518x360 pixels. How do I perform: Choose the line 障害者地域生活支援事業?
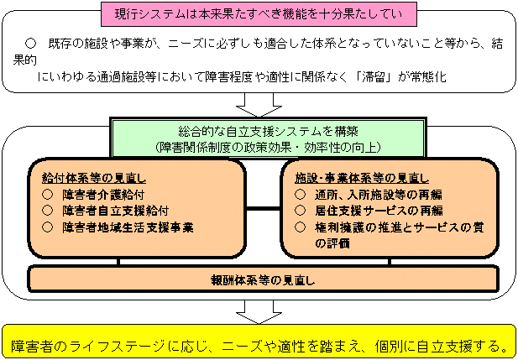tap(127, 227)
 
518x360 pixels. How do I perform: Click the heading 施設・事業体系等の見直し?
tap(362, 179)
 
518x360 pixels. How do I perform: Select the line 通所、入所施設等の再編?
tap(373, 195)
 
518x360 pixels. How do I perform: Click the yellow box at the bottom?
tap(259, 345)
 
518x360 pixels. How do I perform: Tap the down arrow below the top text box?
tap(258, 104)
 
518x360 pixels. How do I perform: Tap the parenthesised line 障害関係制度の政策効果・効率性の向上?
tap(258, 146)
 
